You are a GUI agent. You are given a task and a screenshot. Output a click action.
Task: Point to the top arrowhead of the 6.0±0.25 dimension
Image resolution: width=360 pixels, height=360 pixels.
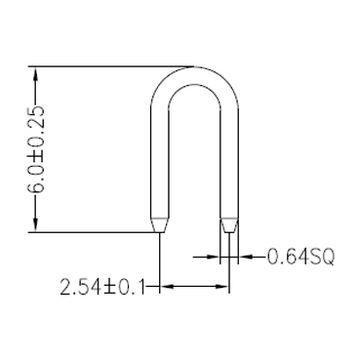(x=37, y=73)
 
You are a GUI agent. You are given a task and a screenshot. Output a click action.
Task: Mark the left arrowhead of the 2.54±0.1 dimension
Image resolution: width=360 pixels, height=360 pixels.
(x=167, y=288)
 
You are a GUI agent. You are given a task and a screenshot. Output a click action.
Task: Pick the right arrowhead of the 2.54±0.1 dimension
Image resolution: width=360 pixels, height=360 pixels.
(x=224, y=288)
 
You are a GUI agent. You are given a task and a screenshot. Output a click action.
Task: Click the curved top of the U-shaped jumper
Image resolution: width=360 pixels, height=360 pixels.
(x=196, y=76)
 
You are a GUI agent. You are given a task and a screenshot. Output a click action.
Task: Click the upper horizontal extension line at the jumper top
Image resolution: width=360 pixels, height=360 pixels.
(x=110, y=66)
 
